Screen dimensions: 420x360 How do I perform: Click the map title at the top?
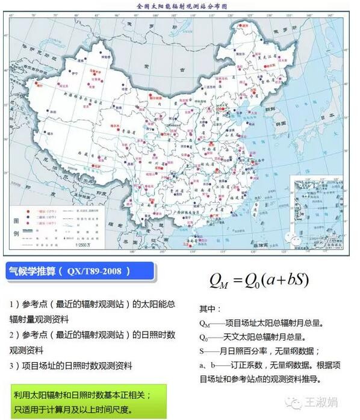(180, 6)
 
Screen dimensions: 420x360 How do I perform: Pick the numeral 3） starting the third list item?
(14, 365)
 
